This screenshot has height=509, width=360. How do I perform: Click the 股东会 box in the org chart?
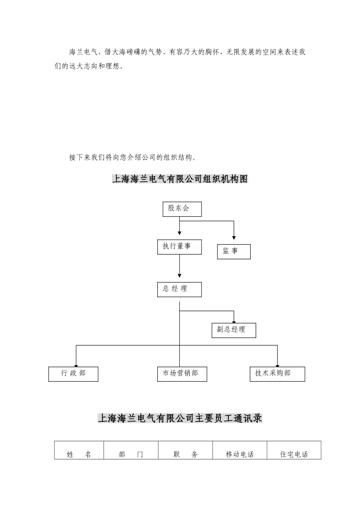[182, 209]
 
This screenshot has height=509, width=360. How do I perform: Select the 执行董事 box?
[179, 247]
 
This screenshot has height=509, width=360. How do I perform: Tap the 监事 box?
[234, 251]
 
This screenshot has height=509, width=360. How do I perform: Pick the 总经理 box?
[179, 289]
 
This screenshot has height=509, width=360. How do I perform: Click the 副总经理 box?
[234, 330]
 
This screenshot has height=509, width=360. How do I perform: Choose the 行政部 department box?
[73, 374]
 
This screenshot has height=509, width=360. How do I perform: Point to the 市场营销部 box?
[182, 374]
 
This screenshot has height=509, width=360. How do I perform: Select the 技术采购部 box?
[277, 374]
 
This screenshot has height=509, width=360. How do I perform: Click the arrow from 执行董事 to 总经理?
[179, 267]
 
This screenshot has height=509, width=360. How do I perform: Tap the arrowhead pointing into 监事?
[234, 237]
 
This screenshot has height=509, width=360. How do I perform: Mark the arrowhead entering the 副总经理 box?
[234, 320]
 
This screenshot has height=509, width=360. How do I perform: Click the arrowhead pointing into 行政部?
[76, 364]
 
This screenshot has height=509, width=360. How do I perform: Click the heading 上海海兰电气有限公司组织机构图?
[180, 179]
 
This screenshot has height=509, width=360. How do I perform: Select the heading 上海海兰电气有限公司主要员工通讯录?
[180, 418]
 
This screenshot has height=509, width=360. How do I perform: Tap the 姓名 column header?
[79, 454]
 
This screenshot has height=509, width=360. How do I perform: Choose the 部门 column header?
[131, 454]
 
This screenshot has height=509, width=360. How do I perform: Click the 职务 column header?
[185, 454]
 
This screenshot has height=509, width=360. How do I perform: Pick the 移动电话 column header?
[239, 454]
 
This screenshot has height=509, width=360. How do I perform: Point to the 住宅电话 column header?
[294, 454]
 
